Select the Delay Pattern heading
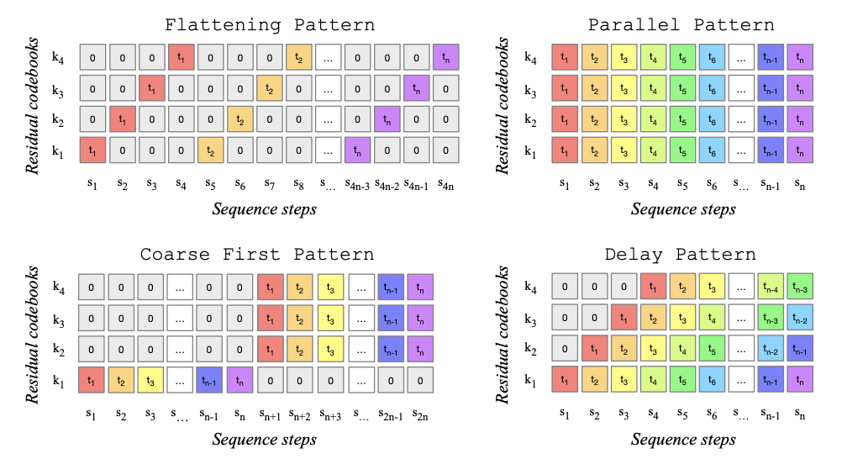pyautogui.click(x=680, y=254)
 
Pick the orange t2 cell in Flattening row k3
pyautogui.click(x=271, y=88)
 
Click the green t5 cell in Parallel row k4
pyautogui.click(x=683, y=57)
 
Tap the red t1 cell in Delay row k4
pyautogui.click(x=653, y=288)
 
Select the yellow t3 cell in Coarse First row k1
pyautogui.click(x=152, y=381)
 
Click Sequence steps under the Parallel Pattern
pyautogui.click(x=683, y=208)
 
